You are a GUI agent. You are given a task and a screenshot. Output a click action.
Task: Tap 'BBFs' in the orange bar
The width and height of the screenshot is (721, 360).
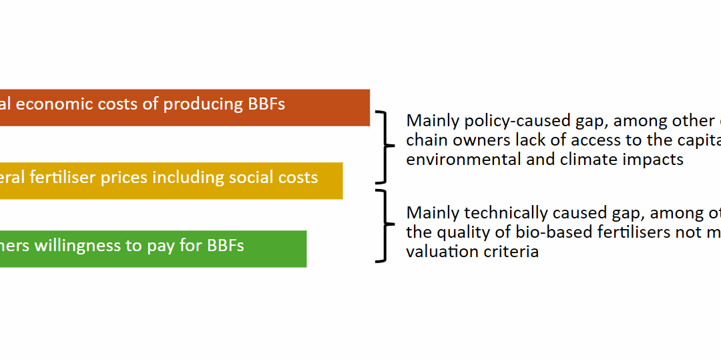(x=266, y=104)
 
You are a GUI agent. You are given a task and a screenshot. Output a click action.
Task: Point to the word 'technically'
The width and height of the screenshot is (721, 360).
(x=511, y=213)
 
